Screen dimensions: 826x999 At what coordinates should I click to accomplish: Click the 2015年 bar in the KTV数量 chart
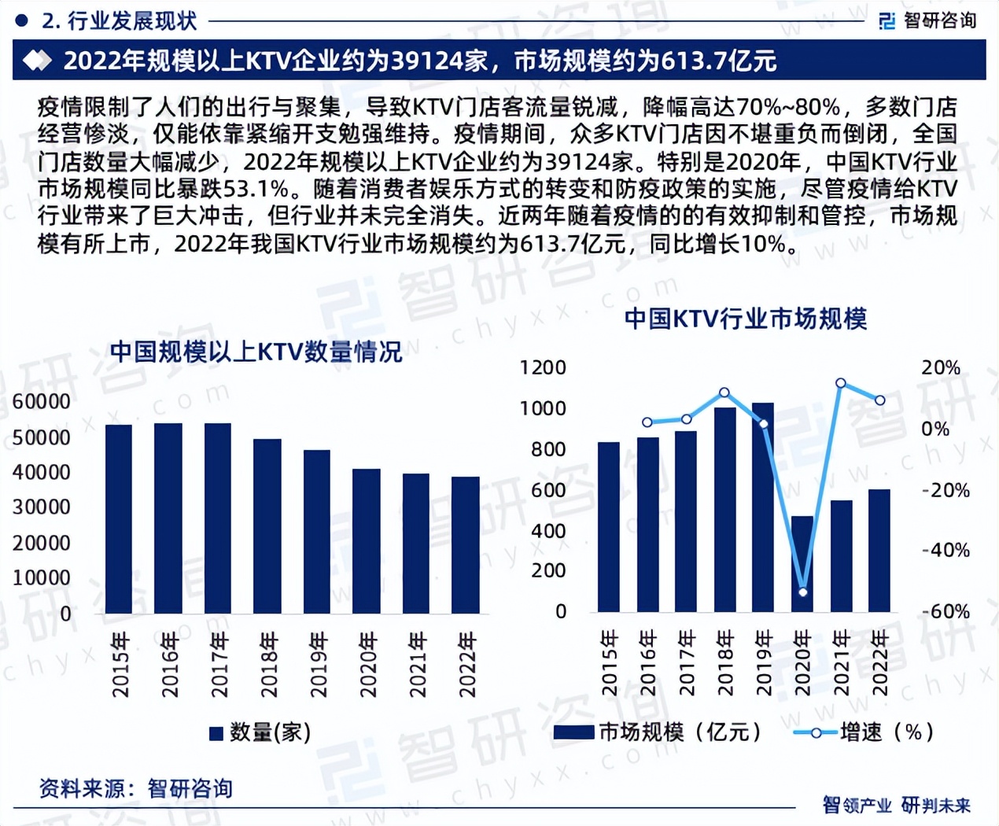click(x=119, y=519)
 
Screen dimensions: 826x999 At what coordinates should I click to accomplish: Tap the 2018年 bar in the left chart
click(x=267, y=526)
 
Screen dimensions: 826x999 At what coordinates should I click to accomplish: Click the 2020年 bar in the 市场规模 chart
click(x=802, y=564)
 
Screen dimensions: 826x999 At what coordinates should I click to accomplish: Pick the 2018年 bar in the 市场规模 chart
click(x=724, y=510)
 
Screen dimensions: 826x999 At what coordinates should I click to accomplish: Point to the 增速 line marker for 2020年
click(x=802, y=592)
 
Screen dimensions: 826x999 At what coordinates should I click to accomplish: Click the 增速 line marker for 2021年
click(x=841, y=383)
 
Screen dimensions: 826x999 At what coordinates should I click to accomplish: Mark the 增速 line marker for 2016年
click(x=647, y=422)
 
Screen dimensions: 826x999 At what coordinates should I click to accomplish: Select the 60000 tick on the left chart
click(x=42, y=401)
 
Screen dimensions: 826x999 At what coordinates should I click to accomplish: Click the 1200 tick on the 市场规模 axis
click(x=543, y=367)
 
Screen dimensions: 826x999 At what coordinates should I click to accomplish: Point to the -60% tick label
click(x=946, y=611)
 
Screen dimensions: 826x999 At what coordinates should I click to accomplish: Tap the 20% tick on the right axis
click(x=941, y=367)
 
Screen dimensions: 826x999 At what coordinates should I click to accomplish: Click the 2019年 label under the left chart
click(x=318, y=665)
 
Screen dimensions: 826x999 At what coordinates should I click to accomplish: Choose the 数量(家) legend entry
click(x=260, y=732)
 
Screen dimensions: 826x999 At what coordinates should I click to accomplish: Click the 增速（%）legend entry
click(x=864, y=732)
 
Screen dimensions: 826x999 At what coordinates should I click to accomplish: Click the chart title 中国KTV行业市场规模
click(x=745, y=319)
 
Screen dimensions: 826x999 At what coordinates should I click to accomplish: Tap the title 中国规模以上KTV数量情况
click(x=256, y=352)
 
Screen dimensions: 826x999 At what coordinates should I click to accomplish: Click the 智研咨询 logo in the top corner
click(x=928, y=20)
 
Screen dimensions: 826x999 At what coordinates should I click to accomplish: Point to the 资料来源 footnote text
click(x=135, y=788)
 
